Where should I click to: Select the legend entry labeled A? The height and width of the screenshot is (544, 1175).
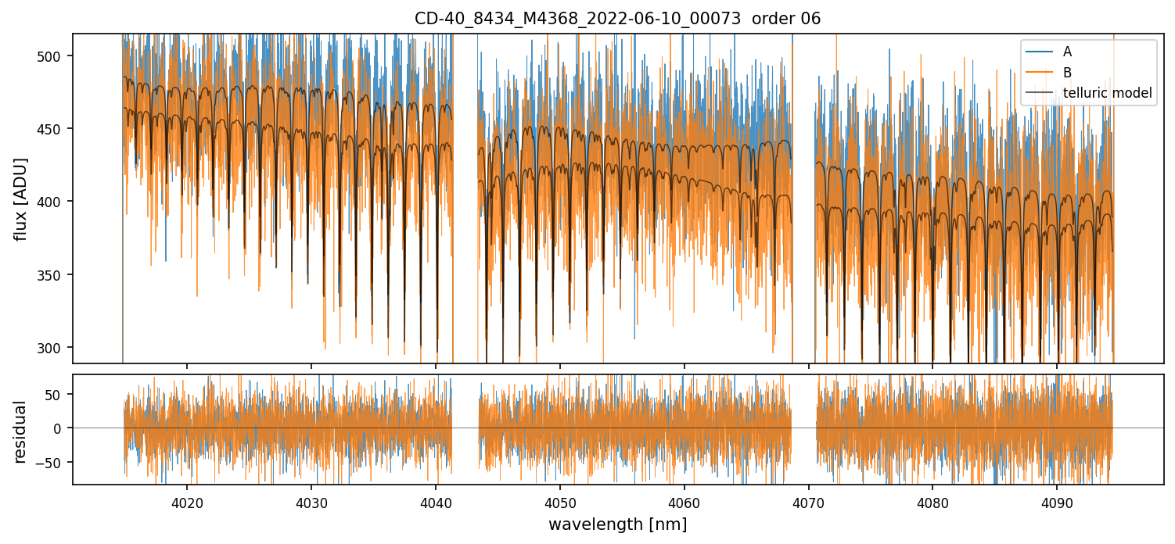[x=1067, y=52]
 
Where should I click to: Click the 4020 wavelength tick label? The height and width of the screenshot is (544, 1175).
[x=187, y=503]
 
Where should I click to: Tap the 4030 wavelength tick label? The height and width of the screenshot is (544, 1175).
[x=311, y=503]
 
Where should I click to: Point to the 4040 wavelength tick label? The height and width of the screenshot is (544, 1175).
[x=436, y=503]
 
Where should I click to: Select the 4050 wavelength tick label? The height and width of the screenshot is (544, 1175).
[x=560, y=503]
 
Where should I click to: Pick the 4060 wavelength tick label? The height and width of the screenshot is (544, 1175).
[x=685, y=503]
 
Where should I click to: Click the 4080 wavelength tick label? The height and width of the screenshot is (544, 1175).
[x=932, y=503]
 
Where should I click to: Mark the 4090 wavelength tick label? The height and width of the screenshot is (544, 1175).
[x=1057, y=503]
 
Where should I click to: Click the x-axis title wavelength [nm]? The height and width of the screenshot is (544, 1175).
[x=617, y=524]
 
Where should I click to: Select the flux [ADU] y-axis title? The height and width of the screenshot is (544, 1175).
[x=21, y=199]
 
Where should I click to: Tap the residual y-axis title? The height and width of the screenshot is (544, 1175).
[x=21, y=431]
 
